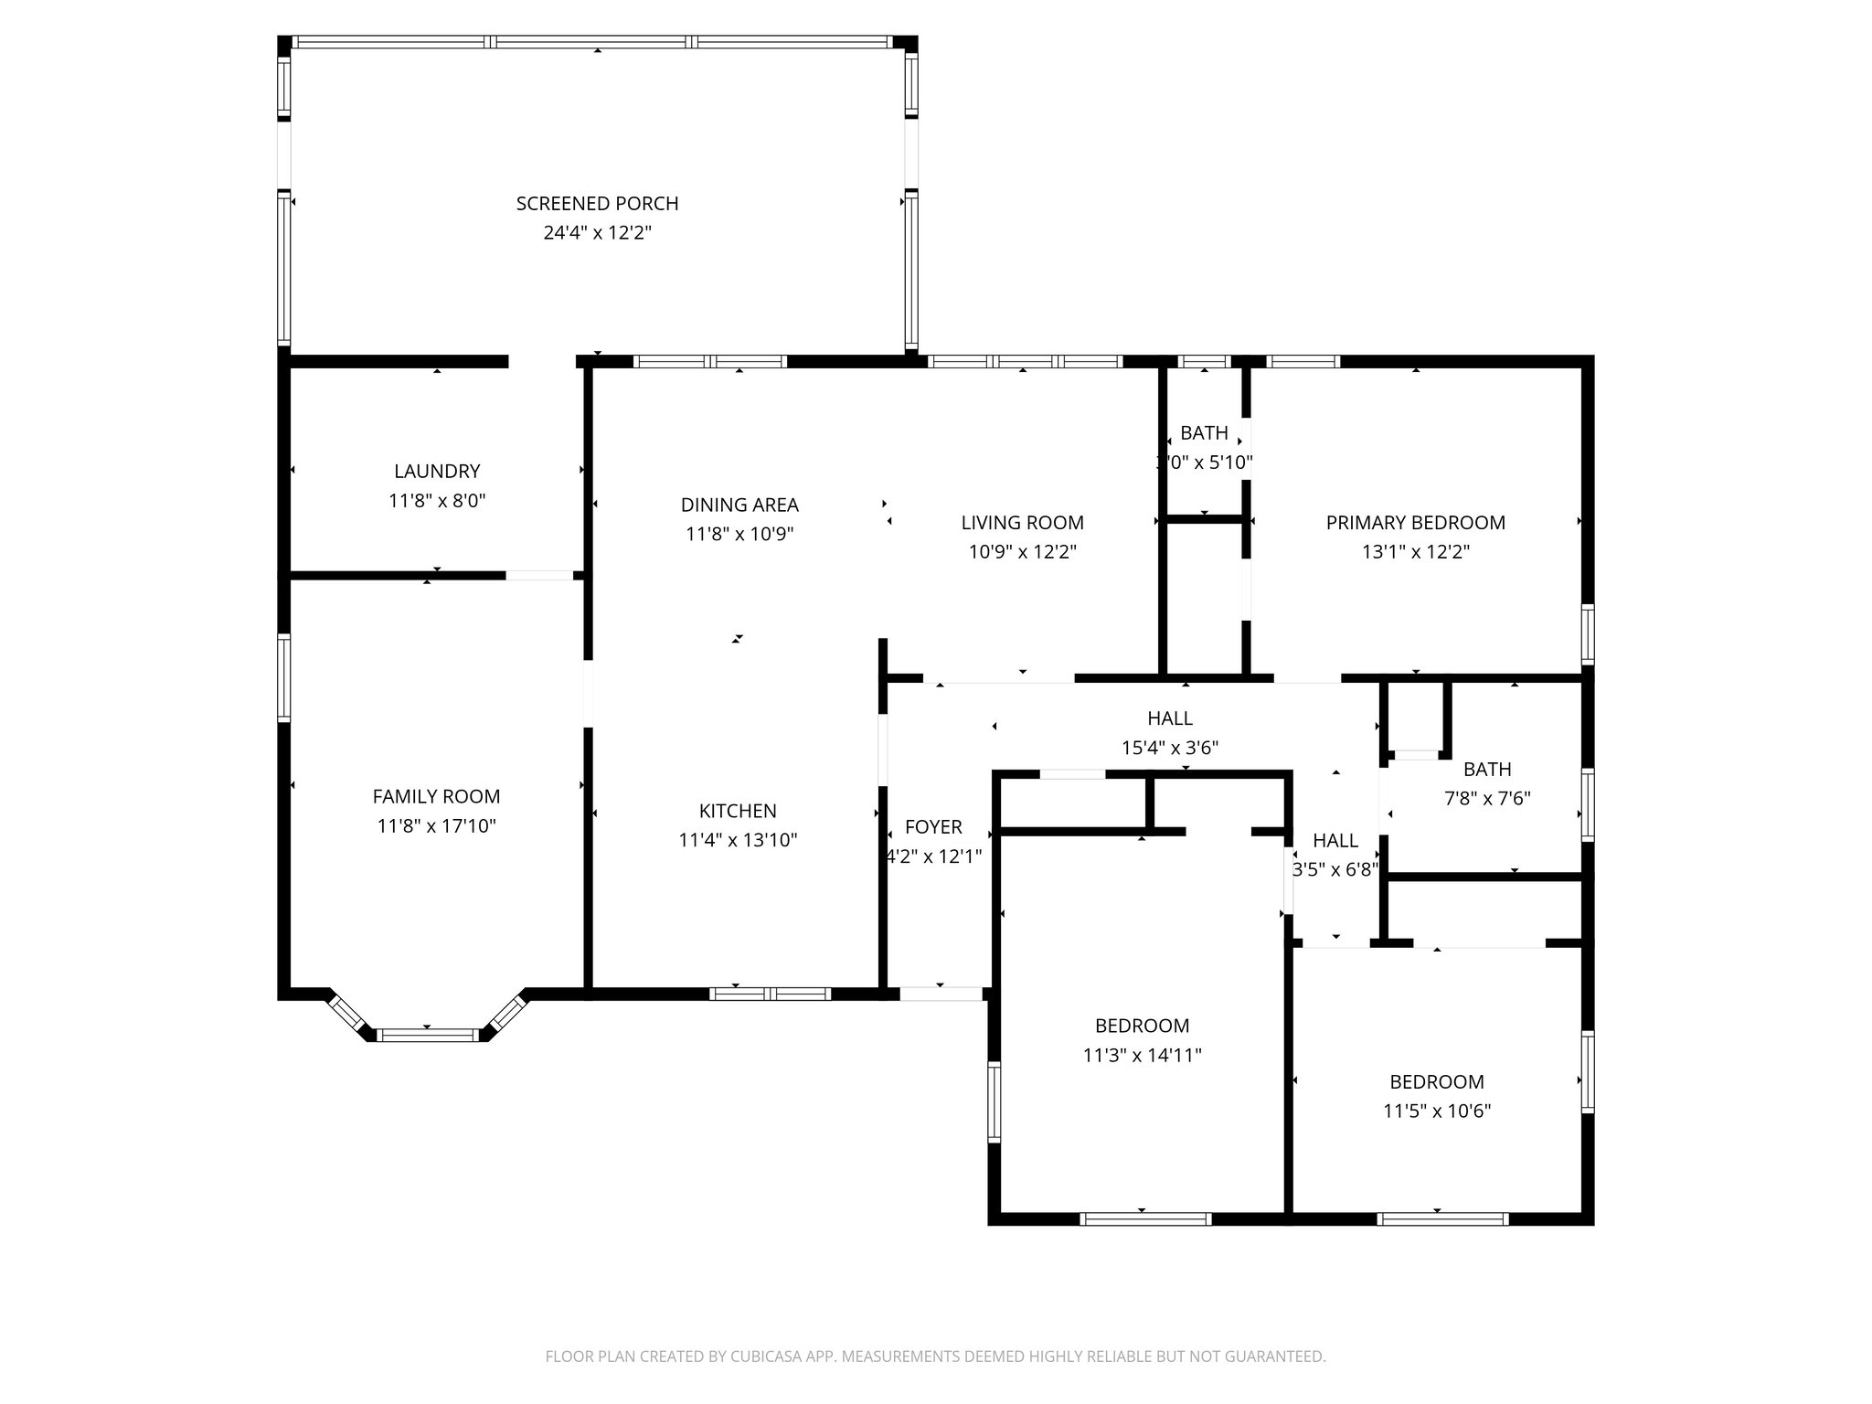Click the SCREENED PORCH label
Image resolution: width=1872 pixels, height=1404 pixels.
[597, 203]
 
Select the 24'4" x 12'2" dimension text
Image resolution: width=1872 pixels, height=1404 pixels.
[597, 232]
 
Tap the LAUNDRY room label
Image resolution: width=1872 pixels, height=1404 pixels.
[436, 471]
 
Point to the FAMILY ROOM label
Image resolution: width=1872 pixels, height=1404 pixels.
[436, 796]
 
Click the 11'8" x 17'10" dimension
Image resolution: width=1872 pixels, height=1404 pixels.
[436, 825]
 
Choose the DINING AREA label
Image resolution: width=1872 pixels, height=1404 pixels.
[739, 505]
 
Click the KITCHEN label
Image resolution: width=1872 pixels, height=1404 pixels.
[738, 810]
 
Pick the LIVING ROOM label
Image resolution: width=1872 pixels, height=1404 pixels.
[1022, 522]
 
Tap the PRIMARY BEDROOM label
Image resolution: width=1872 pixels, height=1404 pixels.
[1415, 522]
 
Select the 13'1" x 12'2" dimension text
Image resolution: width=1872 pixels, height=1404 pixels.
[1415, 551]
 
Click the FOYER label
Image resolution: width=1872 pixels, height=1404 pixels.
[933, 826]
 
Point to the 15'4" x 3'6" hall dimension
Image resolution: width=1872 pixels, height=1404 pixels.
[1169, 748]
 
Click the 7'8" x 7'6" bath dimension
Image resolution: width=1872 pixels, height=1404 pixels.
[1486, 798]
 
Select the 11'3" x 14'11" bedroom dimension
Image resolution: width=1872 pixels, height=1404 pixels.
[1142, 1055]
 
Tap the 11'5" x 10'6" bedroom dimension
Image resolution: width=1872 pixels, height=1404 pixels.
[1436, 1111]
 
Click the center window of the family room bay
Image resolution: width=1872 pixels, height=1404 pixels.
[427, 1035]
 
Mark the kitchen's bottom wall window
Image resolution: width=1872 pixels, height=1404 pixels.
[770, 994]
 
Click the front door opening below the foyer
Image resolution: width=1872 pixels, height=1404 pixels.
[941, 994]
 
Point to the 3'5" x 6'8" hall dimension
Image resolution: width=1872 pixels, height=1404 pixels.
[1335, 869]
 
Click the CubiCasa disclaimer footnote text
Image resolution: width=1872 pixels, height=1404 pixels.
[935, 1356]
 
